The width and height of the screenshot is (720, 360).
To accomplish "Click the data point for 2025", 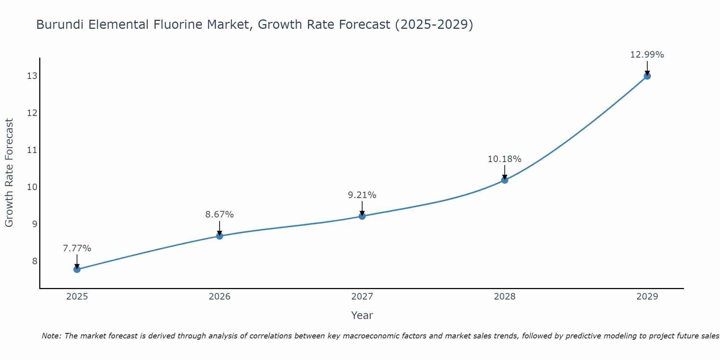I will pos(77,269).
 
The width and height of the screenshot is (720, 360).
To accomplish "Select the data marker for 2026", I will pos(220,236).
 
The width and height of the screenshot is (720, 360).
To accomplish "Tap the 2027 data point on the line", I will pos(362,216).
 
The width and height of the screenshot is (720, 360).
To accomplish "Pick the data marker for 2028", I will pos(505,180).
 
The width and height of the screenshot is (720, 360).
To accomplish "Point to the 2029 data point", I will pos(647,76).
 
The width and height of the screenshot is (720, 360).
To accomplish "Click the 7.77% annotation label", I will pos(77,248).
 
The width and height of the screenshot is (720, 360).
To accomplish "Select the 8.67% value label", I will pos(220,215).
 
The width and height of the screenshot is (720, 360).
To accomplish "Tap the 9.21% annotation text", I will pos(362,195).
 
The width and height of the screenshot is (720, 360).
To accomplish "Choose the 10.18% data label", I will pos(505,159).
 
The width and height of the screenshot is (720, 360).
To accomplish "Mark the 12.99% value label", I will pos(647,55).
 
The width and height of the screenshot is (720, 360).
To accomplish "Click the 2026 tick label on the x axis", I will pos(220,297).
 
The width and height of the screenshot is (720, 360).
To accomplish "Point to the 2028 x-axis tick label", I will pos(505,297).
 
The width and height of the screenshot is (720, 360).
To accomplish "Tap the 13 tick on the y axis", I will pos(32,76).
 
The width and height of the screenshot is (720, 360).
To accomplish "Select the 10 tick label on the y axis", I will pos(32,187).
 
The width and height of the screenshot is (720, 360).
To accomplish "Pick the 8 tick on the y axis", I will pos(35,261).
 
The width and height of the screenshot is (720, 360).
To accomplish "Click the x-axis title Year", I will pos(362,315).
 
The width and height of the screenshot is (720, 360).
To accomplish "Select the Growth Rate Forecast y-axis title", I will pos(9,173).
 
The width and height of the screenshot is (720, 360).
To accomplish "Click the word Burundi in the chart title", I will pos(60,24).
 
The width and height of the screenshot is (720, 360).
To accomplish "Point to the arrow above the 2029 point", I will pos(647,67).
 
